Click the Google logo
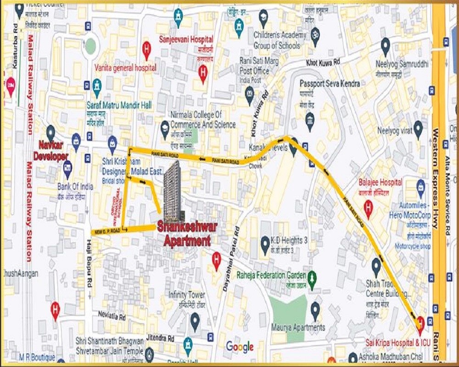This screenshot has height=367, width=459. [240, 347]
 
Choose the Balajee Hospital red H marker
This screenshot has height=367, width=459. [368, 208]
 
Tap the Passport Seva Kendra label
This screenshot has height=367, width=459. [330, 83]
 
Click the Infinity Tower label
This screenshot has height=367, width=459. [187, 295]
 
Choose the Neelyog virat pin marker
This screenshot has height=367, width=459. [418, 128]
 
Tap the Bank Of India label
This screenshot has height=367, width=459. [75, 187]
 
